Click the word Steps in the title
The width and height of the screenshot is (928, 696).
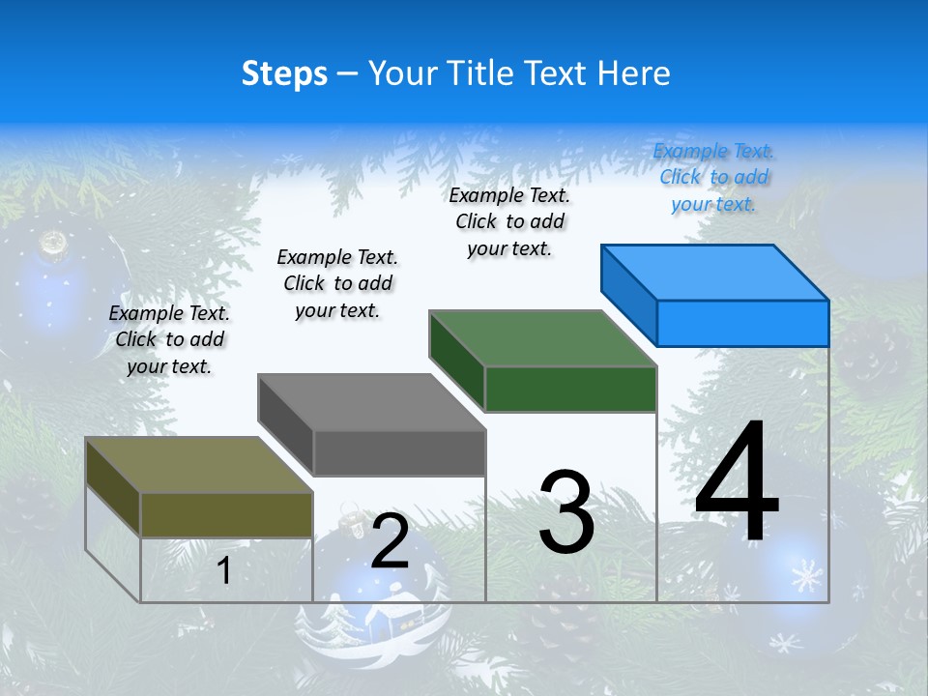(x=284, y=73)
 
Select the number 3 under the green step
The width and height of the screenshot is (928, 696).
(x=566, y=512)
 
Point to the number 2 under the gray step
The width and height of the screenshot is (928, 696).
(x=390, y=541)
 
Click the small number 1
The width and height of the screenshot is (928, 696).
(x=224, y=571)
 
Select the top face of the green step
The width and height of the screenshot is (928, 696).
(x=543, y=338)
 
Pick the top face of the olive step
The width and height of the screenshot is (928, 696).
(x=199, y=465)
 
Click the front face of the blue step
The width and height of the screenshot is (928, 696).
(x=742, y=323)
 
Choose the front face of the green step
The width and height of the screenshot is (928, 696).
(x=570, y=389)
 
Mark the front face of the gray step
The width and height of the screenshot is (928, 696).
(x=399, y=452)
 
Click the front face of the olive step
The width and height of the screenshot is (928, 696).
(x=226, y=514)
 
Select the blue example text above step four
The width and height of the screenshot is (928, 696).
(x=714, y=177)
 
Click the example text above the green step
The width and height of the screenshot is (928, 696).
(x=509, y=221)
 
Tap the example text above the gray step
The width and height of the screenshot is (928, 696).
(x=337, y=283)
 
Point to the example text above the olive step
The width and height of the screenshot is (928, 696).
(x=169, y=339)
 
